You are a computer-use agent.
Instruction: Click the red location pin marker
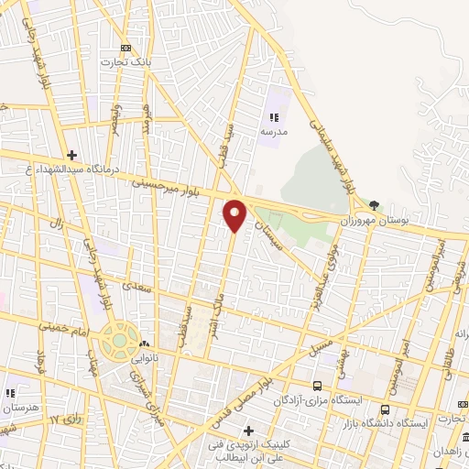(x=235, y=214)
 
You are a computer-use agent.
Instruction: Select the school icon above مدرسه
(x=272, y=116)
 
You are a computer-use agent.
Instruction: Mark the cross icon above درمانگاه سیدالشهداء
(x=71, y=155)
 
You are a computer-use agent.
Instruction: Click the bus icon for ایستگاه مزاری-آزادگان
(x=317, y=386)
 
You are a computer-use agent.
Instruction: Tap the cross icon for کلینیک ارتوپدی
(x=248, y=431)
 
